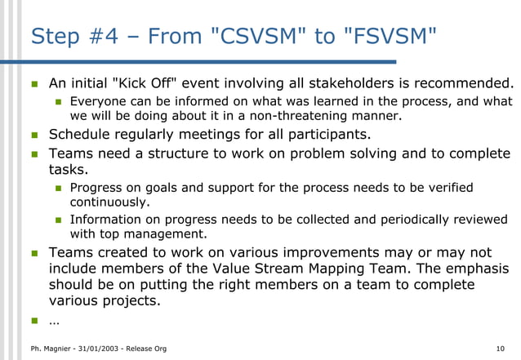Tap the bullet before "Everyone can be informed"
58,103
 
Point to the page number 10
500,349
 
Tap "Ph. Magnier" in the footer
47,349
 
